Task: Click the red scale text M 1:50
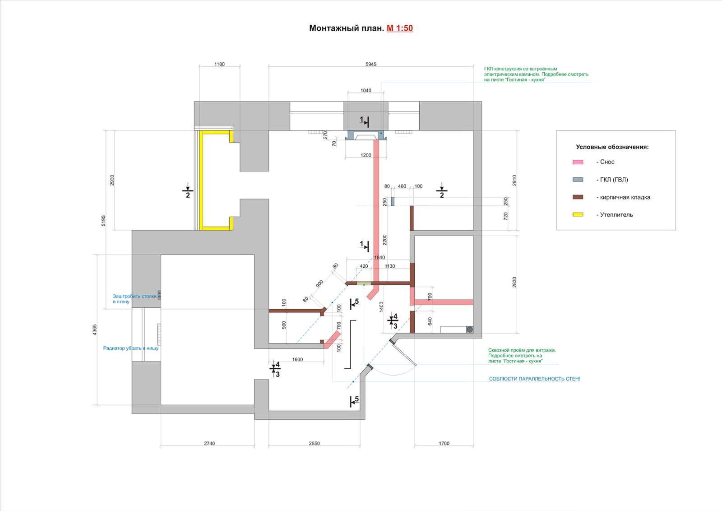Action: pos(400,28)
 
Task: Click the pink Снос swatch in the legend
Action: pos(578,162)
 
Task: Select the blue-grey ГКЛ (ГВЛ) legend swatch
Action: pos(578,180)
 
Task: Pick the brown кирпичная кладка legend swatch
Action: pos(578,197)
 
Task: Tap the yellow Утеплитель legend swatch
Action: pos(578,214)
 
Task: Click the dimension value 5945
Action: pos(371,64)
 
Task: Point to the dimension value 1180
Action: pos(219,64)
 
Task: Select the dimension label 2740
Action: pos(209,443)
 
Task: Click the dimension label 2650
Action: pos(314,443)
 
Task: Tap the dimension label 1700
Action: pos(444,443)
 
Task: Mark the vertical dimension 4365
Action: pos(94,330)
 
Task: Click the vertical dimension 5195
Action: pos(103,221)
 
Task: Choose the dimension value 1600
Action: pos(297,359)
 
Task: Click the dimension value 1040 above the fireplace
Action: pos(366,91)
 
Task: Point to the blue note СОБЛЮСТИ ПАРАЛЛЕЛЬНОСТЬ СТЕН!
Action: pos(534,379)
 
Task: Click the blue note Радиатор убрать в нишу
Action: pos(131,348)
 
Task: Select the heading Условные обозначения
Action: pos(612,147)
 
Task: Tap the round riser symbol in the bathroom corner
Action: pos(470,330)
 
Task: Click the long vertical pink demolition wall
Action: pos(376,211)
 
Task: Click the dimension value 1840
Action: pos(380,258)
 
